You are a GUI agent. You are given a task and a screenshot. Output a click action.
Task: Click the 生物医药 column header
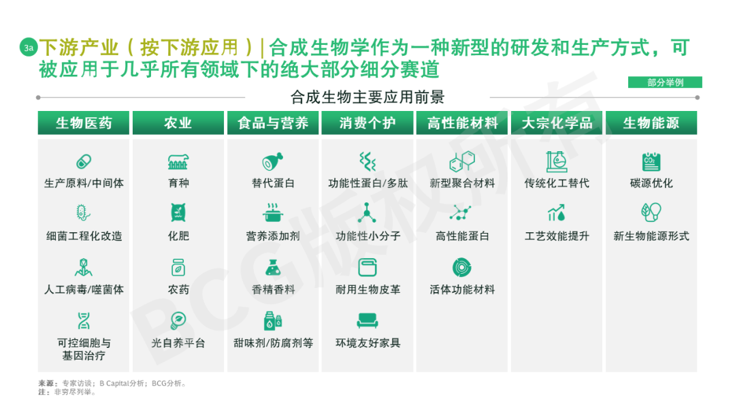pos(84,123)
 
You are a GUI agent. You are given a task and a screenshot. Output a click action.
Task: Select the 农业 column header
pos(178,123)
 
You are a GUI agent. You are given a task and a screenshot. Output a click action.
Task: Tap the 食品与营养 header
pos(273,123)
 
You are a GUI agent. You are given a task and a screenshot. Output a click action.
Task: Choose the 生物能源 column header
pos(651,123)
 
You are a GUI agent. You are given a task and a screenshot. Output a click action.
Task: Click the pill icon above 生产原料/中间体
pos(84,162)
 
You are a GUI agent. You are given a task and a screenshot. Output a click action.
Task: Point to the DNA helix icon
pos(84,321)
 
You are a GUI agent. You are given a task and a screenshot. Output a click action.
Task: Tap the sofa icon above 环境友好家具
pos(367,321)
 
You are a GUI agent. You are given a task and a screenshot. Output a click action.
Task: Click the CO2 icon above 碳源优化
pos(651,162)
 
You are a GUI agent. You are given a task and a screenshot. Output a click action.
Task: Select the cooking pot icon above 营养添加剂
pos(273,214)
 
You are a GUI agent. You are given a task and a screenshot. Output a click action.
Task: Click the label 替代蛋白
pos(273,183)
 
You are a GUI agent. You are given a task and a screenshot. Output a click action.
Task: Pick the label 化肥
pos(178,236)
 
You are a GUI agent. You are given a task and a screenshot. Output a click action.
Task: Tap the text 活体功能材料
pos(462,289)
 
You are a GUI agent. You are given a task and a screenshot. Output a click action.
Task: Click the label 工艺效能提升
pos(557,236)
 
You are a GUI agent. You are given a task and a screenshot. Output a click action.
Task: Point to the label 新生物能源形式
pos(651,236)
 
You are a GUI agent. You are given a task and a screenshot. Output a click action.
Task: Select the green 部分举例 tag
pos(665,82)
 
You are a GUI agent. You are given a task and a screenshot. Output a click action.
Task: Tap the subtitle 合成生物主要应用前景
pos(367,97)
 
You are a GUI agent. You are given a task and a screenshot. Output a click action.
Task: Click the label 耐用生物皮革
pos(367,289)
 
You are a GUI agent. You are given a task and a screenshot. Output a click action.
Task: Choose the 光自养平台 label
pos(178,343)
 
